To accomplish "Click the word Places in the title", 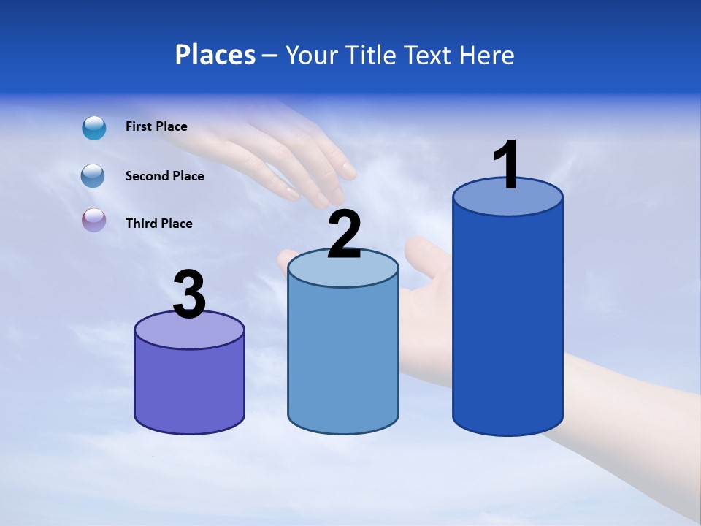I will (x=215, y=55).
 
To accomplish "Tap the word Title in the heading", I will (x=372, y=55).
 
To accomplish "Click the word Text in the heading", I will (x=427, y=55).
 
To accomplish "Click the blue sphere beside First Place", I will (x=93, y=128).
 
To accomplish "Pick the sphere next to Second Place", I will (x=93, y=176).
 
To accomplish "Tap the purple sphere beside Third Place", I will (x=93, y=221).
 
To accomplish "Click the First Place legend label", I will (x=156, y=126).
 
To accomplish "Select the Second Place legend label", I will (x=164, y=176).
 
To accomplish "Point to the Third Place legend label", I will (x=158, y=224).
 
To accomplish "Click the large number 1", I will (x=506, y=165).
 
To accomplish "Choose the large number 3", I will (x=189, y=294).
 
